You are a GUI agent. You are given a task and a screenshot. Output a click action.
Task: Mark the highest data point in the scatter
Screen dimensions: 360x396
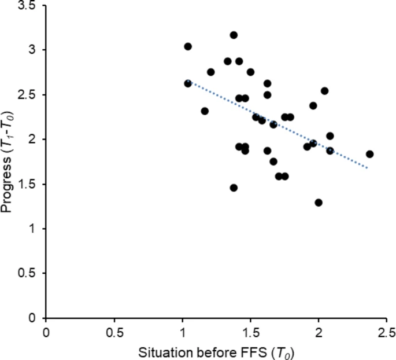pos(234,35)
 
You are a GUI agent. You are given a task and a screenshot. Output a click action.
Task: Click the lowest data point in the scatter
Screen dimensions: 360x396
pos(319,203)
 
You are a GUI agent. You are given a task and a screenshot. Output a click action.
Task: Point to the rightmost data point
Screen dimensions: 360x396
pos(369,154)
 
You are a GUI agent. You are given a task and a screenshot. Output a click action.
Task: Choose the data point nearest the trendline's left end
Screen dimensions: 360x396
pos(188,83)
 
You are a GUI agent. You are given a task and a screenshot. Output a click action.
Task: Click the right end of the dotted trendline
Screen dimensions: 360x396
pos(368,168)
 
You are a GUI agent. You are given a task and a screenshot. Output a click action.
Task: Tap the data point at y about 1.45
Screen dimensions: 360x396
pos(234,188)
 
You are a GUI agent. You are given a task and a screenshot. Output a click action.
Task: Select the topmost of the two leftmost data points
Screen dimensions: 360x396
pos(188,46)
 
